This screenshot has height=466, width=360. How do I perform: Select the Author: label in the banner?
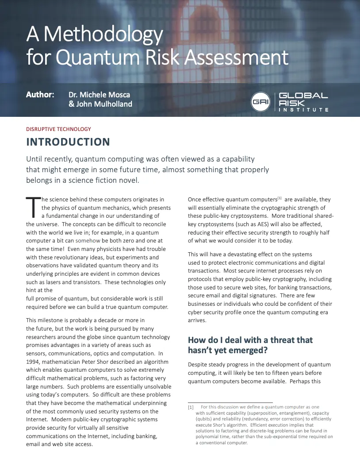coord(40,95)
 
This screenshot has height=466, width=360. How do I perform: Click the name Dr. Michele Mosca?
coord(99,95)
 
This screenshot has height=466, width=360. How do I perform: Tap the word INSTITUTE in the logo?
coord(303,109)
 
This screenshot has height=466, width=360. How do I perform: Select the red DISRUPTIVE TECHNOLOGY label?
coord(58,129)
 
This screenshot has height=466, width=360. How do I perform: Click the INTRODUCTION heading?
coord(68,142)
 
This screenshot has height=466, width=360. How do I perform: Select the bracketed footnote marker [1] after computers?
coord(279,198)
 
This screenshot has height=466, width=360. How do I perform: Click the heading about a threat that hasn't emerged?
coord(250,345)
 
